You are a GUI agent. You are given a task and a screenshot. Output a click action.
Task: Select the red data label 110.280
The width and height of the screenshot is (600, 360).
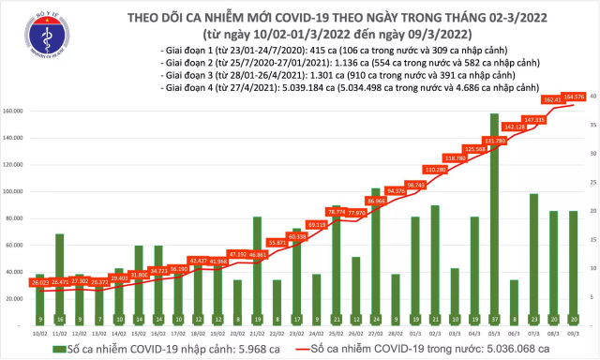pyautogui.click(x=435, y=170)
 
